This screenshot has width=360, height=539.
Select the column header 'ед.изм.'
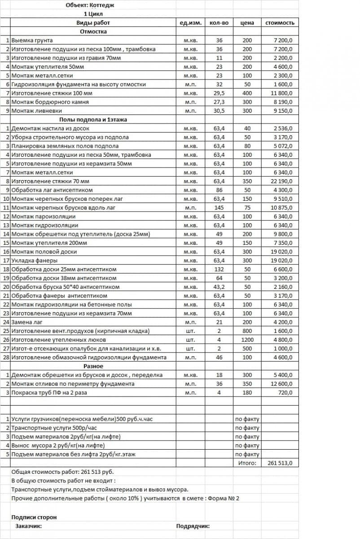[x=190, y=22]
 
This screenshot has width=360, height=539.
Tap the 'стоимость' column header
[x=280, y=22]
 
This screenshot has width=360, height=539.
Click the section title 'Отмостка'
[x=93, y=31]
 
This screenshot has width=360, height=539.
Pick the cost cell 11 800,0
[x=282, y=93]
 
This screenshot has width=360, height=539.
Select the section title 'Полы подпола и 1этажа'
[x=93, y=119]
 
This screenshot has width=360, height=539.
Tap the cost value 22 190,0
[x=282, y=181]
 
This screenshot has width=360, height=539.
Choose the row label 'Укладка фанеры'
[x=34, y=261]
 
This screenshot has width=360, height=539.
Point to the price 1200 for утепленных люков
[x=247, y=340]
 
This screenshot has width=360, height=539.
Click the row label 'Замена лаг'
[x=28, y=322]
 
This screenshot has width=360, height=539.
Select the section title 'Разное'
[x=93, y=366]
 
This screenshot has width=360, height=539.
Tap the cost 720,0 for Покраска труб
[x=285, y=393]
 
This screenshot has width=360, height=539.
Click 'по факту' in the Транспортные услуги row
[x=247, y=428]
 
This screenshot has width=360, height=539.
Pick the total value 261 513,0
[x=280, y=463]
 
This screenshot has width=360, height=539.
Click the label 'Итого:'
[x=247, y=463]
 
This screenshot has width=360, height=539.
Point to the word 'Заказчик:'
[x=29, y=526]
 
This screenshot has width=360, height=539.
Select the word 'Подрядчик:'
[x=193, y=526]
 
